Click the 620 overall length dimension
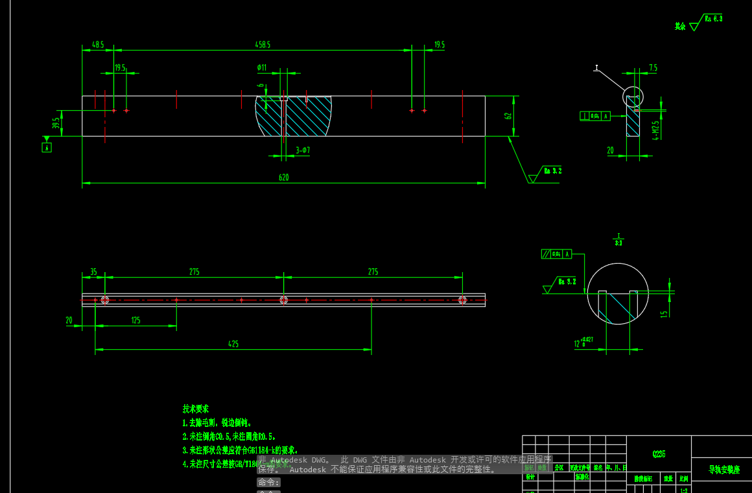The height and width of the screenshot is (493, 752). (x=283, y=177)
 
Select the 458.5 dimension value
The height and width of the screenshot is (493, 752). (x=263, y=45)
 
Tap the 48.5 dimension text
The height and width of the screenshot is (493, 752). (x=98, y=45)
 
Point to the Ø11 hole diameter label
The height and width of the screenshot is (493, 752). (x=262, y=67)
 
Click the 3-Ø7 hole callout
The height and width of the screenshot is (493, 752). (x=303, y=150)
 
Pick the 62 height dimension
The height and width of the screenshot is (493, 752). (x=509, y=115)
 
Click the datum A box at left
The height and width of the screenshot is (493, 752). (x=46, y=148)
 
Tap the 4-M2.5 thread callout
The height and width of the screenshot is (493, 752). (x=656, y=130)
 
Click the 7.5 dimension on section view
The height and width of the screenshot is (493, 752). (x=653, y=67)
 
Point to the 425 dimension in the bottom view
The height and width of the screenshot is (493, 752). (x=233, y=344)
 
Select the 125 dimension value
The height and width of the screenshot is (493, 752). (x=135, y=320)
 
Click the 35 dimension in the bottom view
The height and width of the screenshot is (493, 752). (x=93, y=272)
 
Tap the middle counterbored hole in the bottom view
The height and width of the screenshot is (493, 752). (x=283, y=300)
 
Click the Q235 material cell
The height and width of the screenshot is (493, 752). (x=659, y=454)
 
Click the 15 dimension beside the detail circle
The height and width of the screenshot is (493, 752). (x=664, y=314)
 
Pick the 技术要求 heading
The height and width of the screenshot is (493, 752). (x=196, y=409)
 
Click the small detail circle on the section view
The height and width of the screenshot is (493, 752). (x=633, y=97)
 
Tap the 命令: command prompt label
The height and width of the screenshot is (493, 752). (x=268, y=483)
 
